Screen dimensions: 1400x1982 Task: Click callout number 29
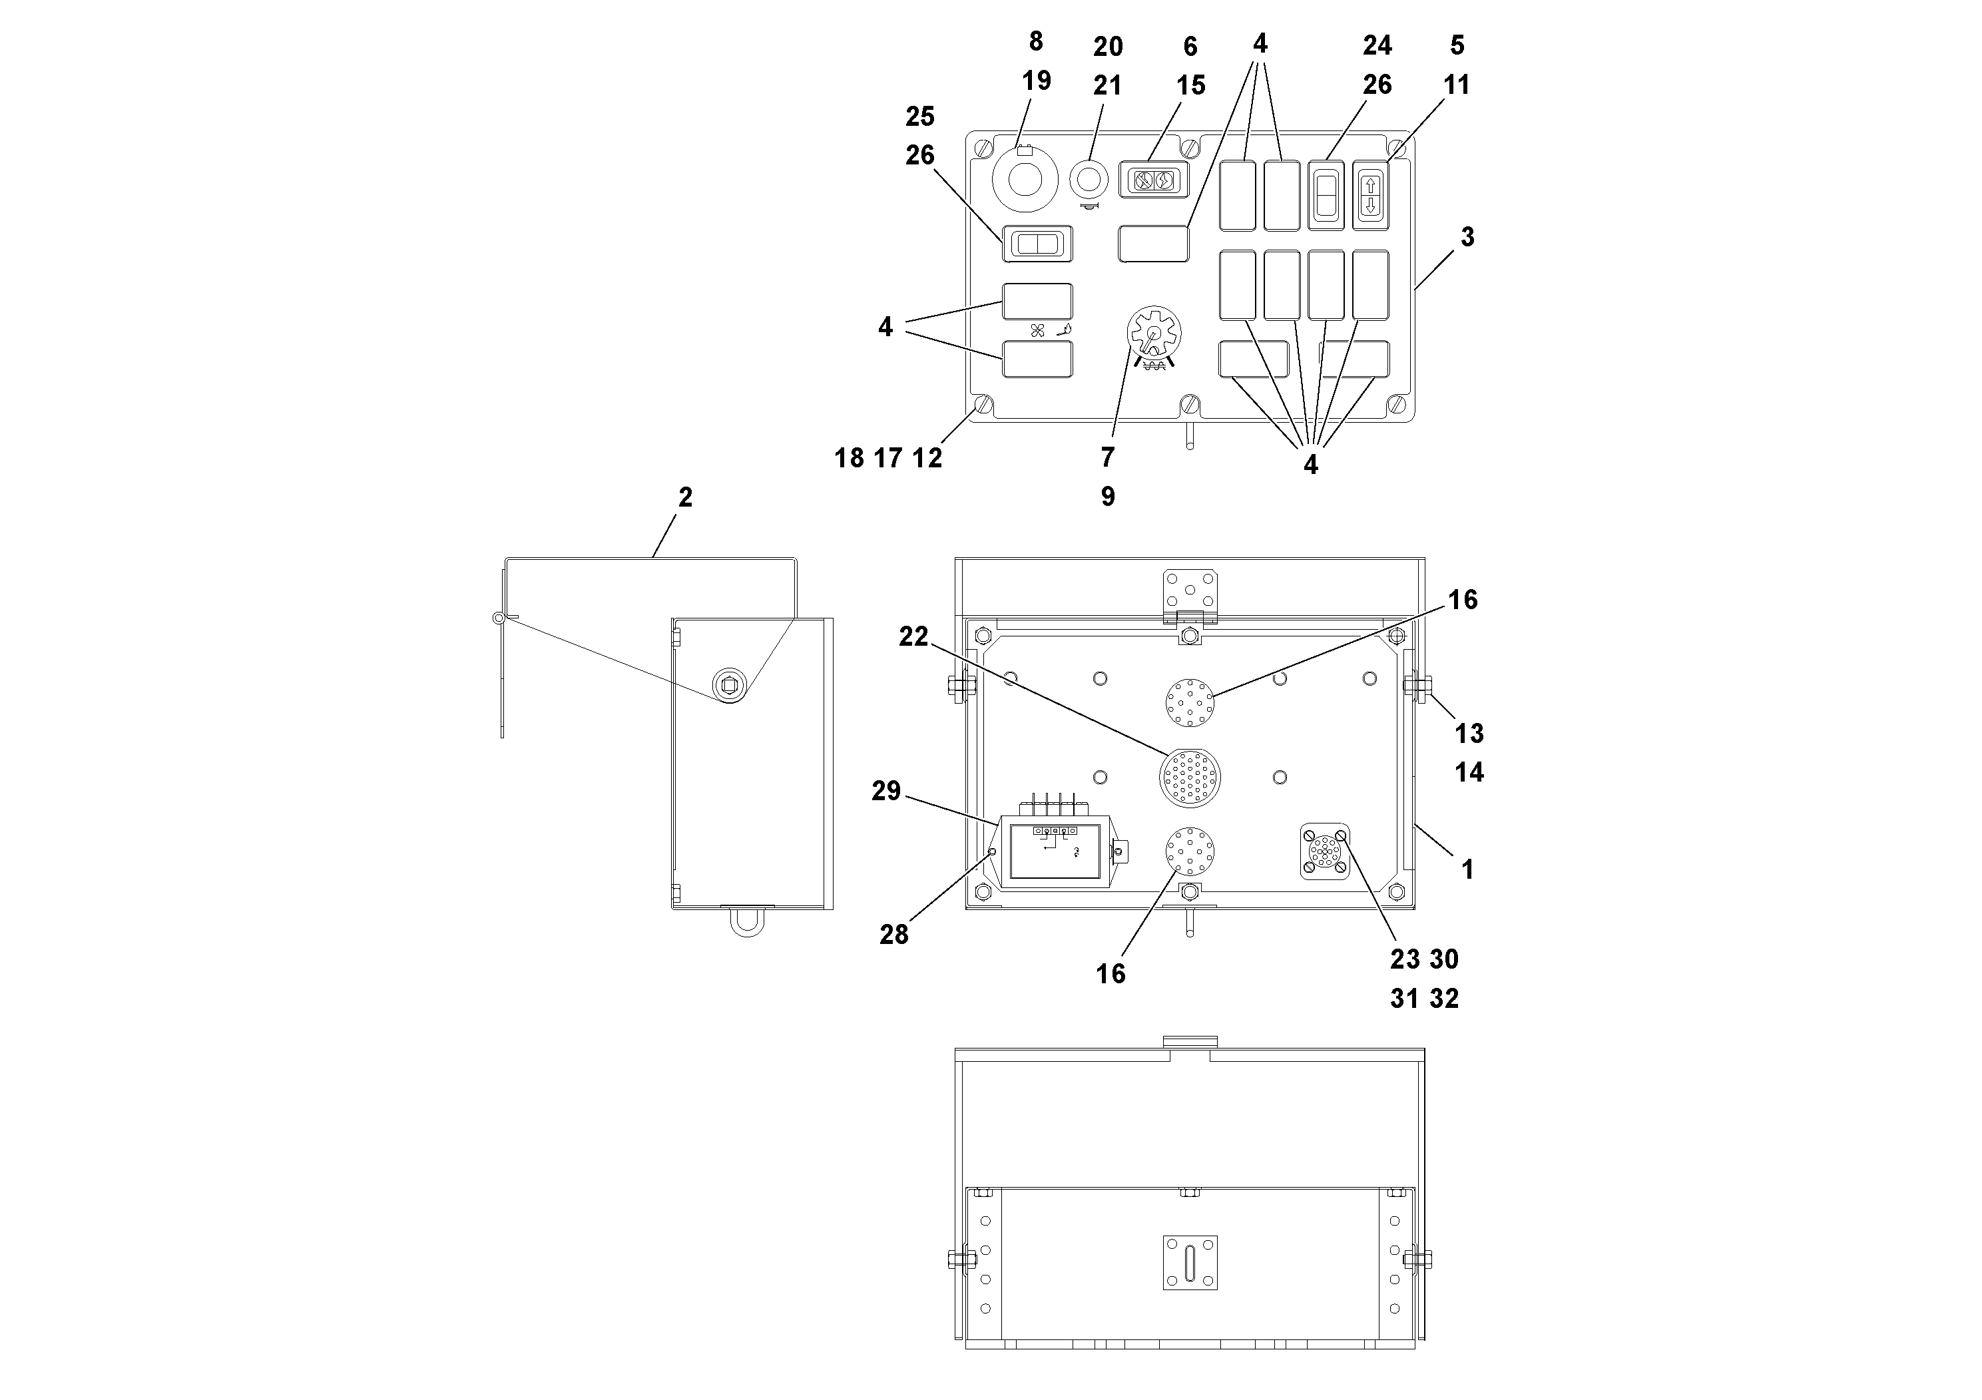[885, 791]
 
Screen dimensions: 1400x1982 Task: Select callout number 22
[913, 636]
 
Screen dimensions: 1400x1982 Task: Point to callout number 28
[893, 934]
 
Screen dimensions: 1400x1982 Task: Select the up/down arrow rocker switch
[1370, 195]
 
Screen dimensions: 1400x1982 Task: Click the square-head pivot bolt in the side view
[730, 686]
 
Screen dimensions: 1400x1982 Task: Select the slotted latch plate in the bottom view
[1190, 1263]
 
